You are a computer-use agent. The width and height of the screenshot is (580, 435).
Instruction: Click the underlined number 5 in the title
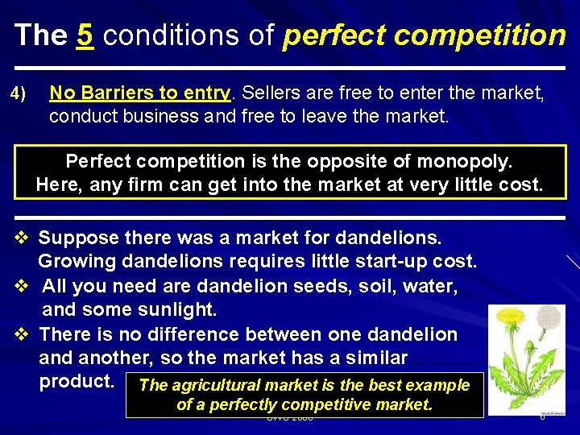click(x=86, y=35)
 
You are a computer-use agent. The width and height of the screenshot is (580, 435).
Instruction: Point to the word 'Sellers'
click(x=270, y=93)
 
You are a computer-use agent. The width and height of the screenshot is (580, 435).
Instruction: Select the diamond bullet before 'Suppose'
click(x=23, y=238)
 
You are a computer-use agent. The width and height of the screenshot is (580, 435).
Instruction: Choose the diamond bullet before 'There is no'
click(x=23, y=334)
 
